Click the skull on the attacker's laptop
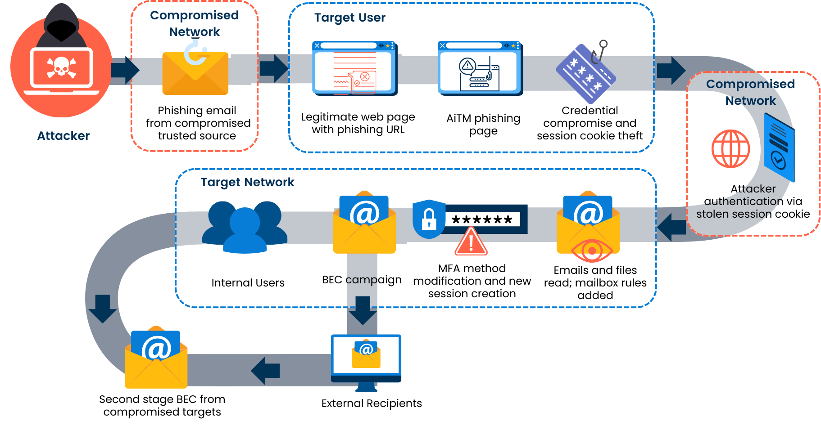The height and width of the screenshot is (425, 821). (x=61, y=67)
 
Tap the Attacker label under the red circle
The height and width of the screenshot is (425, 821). (x=63, y=136)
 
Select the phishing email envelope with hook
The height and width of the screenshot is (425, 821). (x=195, y=72)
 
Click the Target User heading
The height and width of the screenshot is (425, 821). (x=349, y=18)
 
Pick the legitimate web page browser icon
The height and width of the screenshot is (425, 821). (x=354, y=68)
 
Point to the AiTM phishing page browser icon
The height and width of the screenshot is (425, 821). (x=480, y=68)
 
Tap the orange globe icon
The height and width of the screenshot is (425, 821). (x=730, y=149)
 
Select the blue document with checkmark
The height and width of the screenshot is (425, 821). (x=779, y=148)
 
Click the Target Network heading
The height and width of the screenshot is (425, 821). (x=247, y=182)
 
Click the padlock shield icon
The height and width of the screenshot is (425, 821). (x=429, y=219)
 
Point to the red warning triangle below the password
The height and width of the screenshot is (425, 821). (x=471, y=242)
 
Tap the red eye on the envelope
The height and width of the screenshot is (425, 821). (x=592, y=251)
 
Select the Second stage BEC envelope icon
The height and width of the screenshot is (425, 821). (x=156, y=360)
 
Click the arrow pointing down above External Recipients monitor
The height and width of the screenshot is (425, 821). (x=362, y=310)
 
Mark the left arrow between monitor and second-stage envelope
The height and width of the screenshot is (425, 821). (x=266, y=371)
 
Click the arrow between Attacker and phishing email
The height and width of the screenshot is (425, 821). (x=125, y=70)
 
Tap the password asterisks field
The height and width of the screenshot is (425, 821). (x=482, y=219)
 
